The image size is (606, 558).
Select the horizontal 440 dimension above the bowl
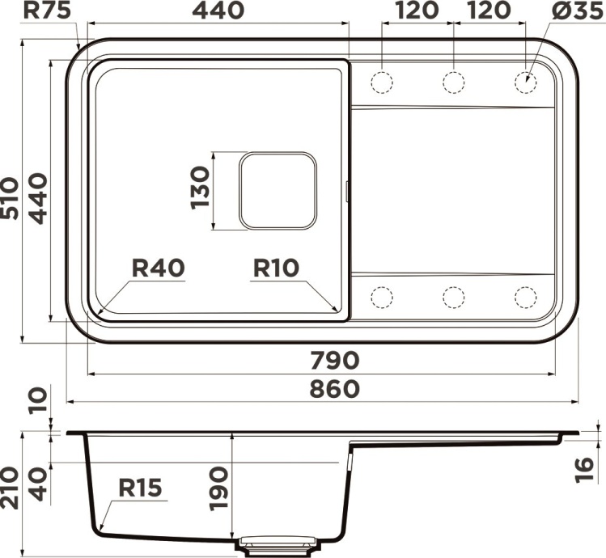click(x=218, y=12)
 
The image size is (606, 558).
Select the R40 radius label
click(x=159, y=268)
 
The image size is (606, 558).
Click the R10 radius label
click(x=277, y=268)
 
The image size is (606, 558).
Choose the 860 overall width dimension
click(x=333, y=388)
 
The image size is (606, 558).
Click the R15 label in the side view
click(x=140, y=488)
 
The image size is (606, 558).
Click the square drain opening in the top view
click(x=277, y=190)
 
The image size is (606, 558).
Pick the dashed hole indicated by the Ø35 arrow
click(x=525, y=82)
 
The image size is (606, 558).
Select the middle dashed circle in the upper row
click(x=453, y=82)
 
